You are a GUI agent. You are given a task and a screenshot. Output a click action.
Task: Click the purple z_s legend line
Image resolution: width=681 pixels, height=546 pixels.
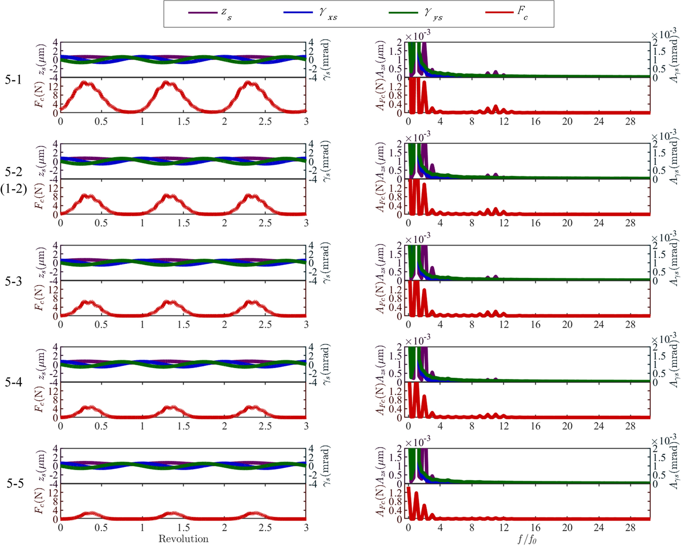202,13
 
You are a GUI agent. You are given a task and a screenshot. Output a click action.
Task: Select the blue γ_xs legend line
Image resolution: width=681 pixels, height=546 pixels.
298,13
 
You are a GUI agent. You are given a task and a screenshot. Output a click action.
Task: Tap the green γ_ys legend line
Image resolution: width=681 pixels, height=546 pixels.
403,13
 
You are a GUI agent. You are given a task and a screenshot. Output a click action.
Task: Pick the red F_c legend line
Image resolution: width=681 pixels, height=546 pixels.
499,13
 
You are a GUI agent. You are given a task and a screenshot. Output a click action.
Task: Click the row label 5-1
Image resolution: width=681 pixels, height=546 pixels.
13,80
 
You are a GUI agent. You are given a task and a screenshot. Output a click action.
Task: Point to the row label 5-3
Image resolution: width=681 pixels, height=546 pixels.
13,282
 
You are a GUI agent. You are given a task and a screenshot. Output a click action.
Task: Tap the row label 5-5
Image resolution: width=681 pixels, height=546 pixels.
15,484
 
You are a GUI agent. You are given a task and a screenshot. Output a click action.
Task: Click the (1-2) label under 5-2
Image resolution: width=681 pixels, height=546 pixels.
14,189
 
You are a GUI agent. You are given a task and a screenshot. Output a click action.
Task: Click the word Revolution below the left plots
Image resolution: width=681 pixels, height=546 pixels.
183,539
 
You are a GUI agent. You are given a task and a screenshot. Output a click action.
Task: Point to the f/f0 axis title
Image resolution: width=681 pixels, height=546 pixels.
527,539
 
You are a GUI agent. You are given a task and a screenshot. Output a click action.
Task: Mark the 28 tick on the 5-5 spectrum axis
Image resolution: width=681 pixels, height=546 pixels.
630,528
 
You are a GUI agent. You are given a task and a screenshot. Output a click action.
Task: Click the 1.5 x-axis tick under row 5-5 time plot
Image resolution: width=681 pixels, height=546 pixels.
183,528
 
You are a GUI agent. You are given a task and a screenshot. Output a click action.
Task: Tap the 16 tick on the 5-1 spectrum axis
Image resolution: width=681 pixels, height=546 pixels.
535,122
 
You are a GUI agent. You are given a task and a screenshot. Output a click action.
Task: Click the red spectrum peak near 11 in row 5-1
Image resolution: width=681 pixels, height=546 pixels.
496,106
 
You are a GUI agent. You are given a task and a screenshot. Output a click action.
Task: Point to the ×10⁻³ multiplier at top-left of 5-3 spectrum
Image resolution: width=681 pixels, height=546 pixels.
418,239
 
